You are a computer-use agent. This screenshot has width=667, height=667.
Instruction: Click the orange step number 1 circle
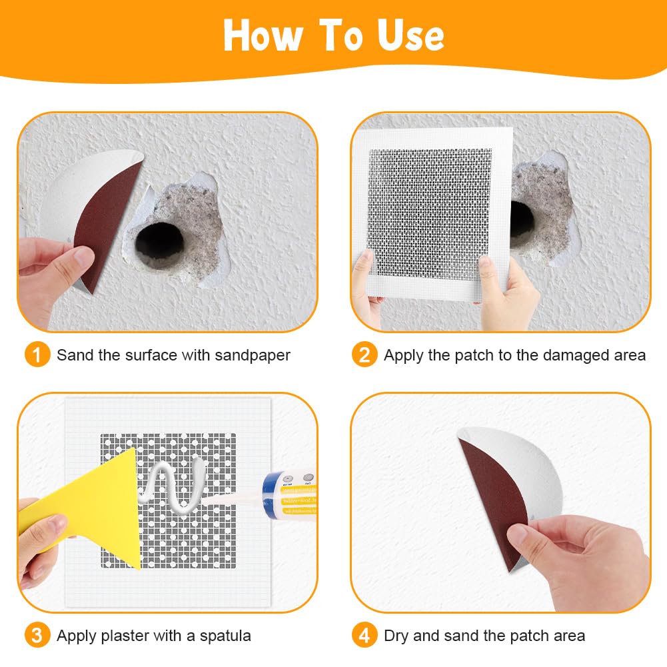coord(37,354)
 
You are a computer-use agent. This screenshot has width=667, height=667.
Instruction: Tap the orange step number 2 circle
coord(364,354)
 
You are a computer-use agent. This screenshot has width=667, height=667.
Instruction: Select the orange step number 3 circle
coord(37,635)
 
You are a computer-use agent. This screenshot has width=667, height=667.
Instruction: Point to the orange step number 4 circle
coord(364,635)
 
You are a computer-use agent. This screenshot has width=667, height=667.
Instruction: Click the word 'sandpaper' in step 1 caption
coord(253,355)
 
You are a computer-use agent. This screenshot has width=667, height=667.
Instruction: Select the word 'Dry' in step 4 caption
coord(396,636)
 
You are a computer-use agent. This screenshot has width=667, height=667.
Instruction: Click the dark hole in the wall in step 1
coord(160,246)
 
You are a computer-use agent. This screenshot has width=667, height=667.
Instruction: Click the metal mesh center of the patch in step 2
coord(430,213)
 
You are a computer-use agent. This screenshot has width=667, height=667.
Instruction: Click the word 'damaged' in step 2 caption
coord(576,355)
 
